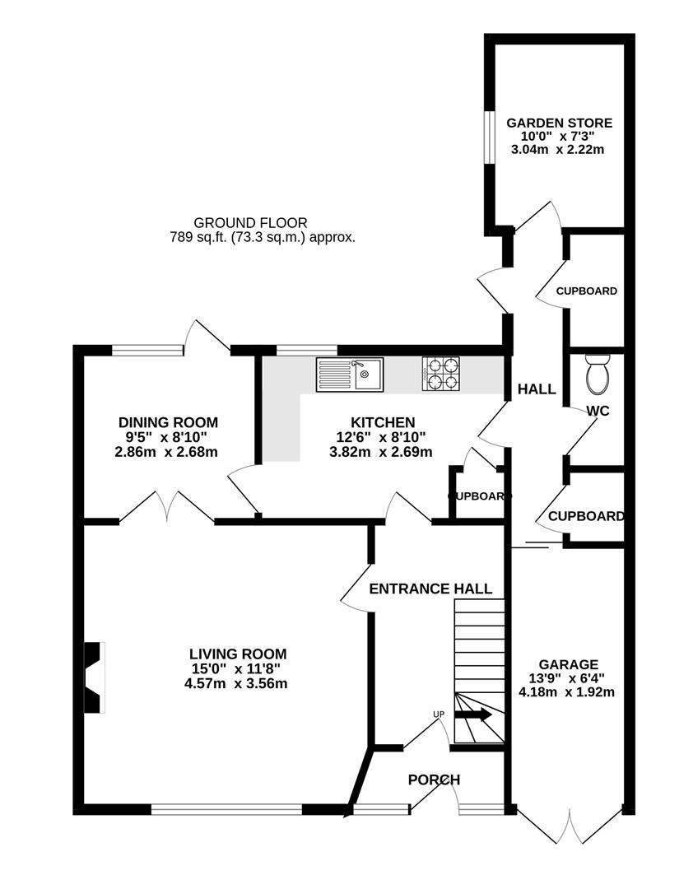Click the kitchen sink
pyautogui.click(x=350, y=375)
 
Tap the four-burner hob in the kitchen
pyautogui.click(x=440, y=375)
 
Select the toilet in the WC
pyautogui.click(x=597, y=375)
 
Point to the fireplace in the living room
pyautogui.click(x=95, y=677)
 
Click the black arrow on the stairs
pyautogui.click(x=473, y=715)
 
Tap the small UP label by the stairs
pyautogui.click(x=439, y=714)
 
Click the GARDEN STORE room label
pyautogui.click(x=559, y=123)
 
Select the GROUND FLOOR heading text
pyautogui.click(x=251, y=223)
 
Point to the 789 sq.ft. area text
pyautogui.click(x=263, y=238)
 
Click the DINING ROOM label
pyautogui.click(x=168, y=422)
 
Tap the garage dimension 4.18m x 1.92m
pyautogui.click(x=566, y=692)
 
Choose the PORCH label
pyautogui.click(x=434, y=780)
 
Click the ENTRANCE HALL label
pyautogui.click(x=430, y=589)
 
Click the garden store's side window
pyautogui.click(x=488, y=137)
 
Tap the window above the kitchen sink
pyautogui.click(x=307, y=350)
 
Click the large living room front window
pyautogui.click(x=227, y=810)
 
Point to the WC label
pyautogui.click(x=598, y=411)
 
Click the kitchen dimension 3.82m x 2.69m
pyautogui.click(x=380, y=453)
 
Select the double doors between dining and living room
pyautogui.click(x=167, y=505)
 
